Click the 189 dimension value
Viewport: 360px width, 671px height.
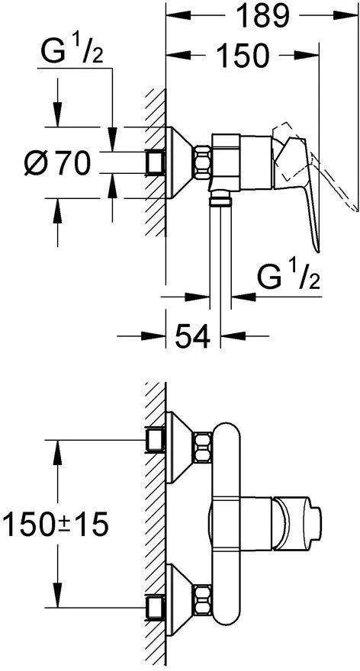click(x=262, y=15)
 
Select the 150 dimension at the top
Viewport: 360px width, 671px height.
click(x=243, y=55)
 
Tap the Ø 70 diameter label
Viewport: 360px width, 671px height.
click(x=58, y=163)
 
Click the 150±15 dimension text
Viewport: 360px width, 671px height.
click(x=55, y=525)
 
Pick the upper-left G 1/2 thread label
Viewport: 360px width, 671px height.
click(x=72, y=50)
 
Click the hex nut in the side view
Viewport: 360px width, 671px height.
click(x=202, y=162)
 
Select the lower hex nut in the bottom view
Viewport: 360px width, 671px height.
click(x=202, y=599)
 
